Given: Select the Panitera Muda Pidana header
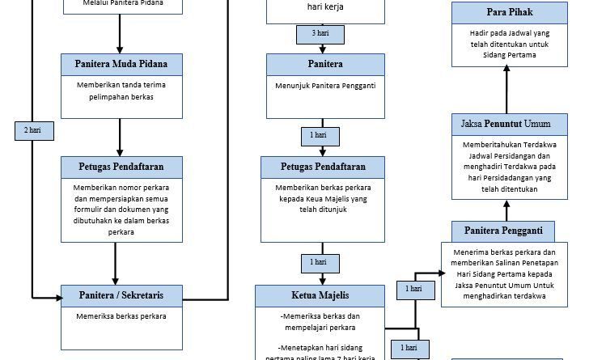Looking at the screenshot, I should click(x=121, y=64).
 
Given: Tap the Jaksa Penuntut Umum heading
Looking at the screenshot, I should click(x=506, y=124).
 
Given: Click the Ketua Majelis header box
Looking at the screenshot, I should click(x=320, y=294).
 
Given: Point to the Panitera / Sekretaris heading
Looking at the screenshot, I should click(x=121, y=295).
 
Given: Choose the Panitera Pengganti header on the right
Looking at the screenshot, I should click(x=503, y=231).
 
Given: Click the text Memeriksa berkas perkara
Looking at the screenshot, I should click(x=121, y=316).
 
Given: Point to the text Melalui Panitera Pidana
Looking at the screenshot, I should click(x=121, y=4).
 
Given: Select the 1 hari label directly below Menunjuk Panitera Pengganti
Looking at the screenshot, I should click(x=318, y=134).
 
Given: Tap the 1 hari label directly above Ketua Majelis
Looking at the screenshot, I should click(x=318, y=262).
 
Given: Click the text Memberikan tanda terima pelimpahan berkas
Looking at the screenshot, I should click(x=121, y=91).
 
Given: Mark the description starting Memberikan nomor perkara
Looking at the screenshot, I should click(x=121, y=209).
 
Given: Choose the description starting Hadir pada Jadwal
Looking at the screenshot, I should click(x=509, y=44).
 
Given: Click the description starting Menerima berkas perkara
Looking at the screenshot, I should click(x=503, y=273).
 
